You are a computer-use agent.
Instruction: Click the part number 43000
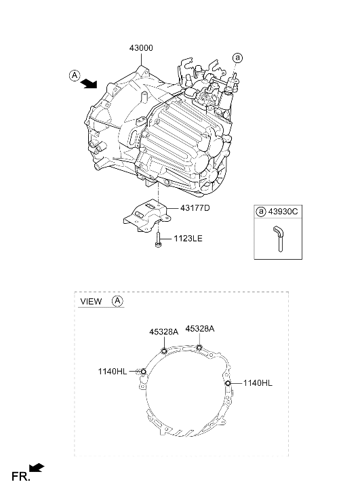point(141,48)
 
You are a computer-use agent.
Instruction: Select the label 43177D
point(195,208)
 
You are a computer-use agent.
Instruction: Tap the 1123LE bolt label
point(188,239)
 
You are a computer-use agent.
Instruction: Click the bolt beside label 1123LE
point(158,239)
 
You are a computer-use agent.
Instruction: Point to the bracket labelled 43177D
point(147,216)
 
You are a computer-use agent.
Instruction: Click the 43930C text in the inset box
point(283,212)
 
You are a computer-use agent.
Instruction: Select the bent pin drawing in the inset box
point(278,239)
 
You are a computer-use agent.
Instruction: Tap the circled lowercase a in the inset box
point(261,212)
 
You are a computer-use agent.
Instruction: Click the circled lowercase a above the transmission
point(238,58)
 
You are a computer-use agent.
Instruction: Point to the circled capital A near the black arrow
point(75,75)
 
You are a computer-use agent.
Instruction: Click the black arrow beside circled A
point(88,83)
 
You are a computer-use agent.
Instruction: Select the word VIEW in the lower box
point(91,301)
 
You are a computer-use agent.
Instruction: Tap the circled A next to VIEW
point(117,301)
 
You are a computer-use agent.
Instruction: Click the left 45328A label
point(164,332)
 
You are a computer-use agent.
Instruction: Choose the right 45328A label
point(200,329)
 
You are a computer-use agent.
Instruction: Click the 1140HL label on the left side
point(113,372)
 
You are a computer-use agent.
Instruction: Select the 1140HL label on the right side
point(258,383)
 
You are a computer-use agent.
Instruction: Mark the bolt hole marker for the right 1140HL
point(228,383)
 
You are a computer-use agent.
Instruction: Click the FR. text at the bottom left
point(21,477)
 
